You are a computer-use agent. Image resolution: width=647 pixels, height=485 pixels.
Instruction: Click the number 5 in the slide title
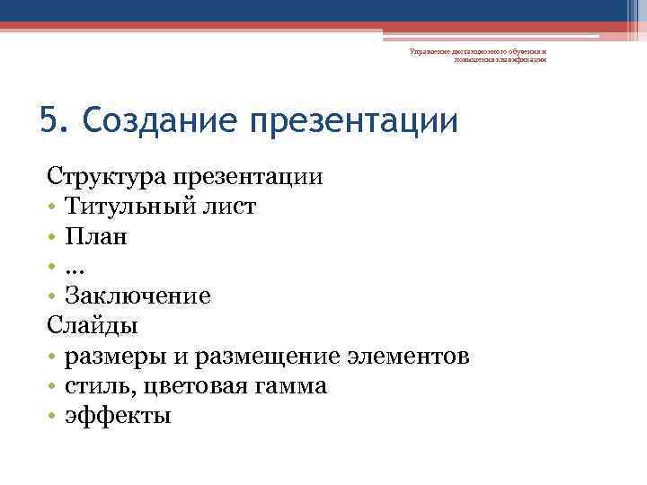pyautogui.click(x=49, y=120)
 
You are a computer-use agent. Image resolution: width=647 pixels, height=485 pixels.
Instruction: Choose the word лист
pyautogui.click(x=234, y=207)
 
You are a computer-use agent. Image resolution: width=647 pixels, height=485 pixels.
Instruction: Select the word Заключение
pyautogui.click(x=137, y=296)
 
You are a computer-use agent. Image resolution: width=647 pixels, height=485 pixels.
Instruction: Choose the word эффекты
pyautogui.click(x=118, y=417)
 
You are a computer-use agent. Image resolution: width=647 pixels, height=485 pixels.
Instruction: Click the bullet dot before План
pyautogui.click(x=54, y=238)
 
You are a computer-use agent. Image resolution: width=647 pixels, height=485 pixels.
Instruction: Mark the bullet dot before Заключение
pyautogui.click(x=54, y=297)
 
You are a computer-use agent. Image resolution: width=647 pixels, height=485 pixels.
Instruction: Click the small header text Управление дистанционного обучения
pyautogui.click(x=477, y=52)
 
